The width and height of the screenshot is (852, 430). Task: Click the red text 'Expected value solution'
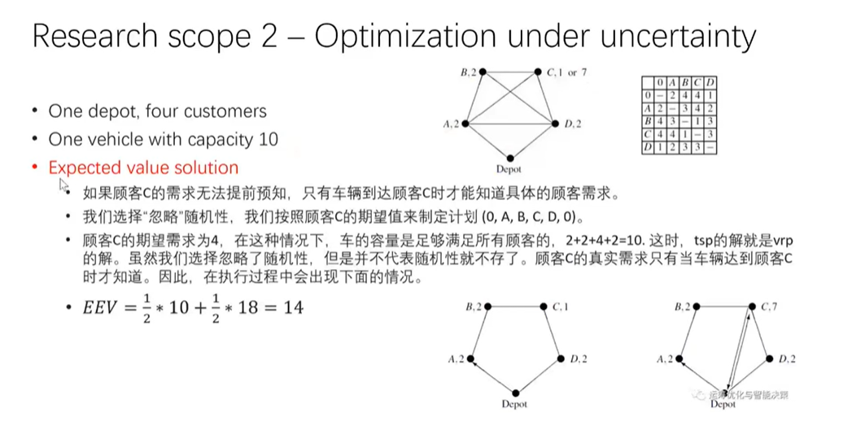pos(143,167)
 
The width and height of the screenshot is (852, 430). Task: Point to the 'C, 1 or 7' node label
pos(568,72)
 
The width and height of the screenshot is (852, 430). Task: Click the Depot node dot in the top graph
pos(510,159)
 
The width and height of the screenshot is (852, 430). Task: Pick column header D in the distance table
pos(710,82)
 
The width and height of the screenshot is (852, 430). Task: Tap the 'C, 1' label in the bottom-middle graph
pos(561,306)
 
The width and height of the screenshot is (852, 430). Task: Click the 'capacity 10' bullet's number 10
pos(268,139)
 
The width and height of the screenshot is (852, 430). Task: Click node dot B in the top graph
pos(483,72)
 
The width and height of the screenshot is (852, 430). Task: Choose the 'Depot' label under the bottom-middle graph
pos(514,404)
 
